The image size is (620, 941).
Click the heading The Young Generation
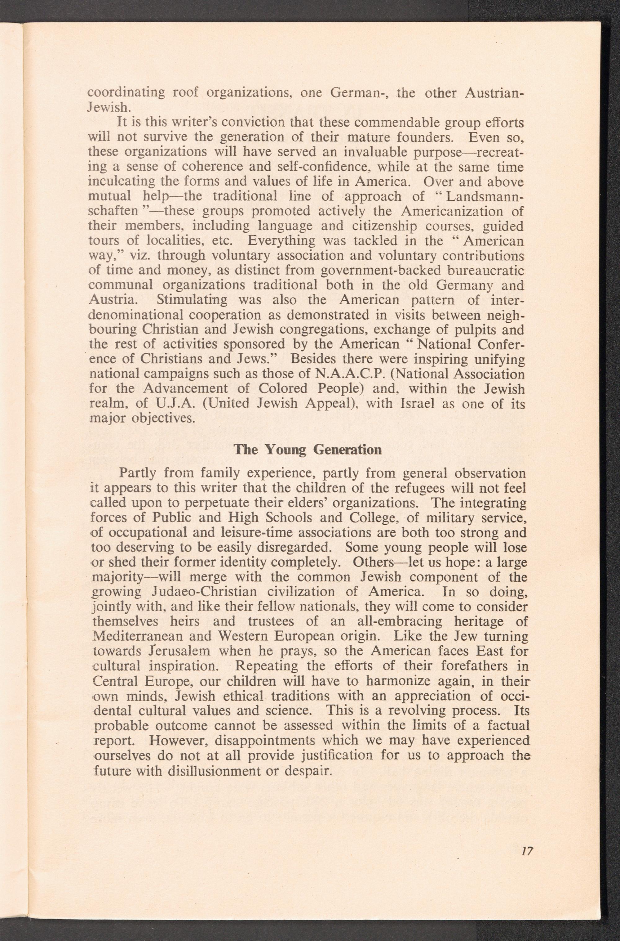(308, 450)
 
